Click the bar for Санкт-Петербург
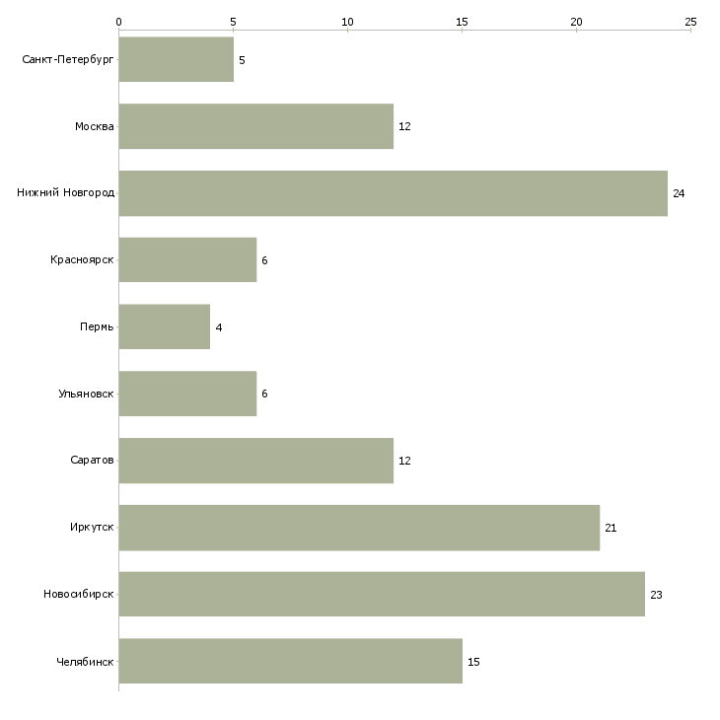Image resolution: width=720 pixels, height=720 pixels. [177, 59]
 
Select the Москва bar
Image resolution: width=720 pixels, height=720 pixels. [256, 126]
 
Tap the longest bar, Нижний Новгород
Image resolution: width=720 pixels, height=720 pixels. [394, 193]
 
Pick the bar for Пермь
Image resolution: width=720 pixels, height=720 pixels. [165, 326]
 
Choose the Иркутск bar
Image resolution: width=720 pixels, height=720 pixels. [360, 528]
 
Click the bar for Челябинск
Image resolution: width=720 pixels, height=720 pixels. [291, 661]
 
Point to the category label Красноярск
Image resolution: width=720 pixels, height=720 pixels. [82, 260]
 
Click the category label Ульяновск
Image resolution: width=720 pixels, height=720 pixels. [86, 394]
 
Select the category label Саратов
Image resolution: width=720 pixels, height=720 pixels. [92, 460]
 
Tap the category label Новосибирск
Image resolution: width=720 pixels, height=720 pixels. [79, 594]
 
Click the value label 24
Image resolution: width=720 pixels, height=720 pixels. [679, 193]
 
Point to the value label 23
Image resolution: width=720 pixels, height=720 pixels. [656, 595]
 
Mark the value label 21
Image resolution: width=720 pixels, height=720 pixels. [611, 528]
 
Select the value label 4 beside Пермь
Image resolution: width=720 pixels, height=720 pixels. [219, 327]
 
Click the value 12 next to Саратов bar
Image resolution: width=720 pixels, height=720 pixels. [404, 461]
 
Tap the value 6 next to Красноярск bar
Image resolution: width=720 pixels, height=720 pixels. [264, 260]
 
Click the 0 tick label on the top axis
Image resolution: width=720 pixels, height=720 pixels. [119, 22]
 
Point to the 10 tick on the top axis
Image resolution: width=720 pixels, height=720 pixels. [347, 22]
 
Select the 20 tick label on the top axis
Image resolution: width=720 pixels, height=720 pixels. [576, 22]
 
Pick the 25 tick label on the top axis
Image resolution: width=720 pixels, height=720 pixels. [690, 22]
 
